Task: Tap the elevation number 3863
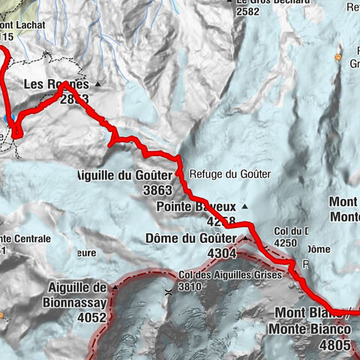(157, 190)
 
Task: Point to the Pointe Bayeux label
(196, 206)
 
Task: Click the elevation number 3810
(191, 285)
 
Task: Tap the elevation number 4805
(334, 346)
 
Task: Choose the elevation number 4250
(286, 243)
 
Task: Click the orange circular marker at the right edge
(339, 57)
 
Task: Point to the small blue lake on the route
(7, 120)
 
